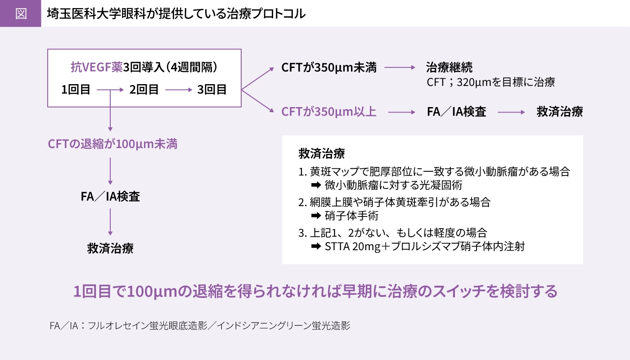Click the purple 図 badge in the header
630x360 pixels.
point(21,13)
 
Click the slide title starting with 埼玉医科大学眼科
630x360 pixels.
point(176,14)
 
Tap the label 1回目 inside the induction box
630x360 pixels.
point(76,90)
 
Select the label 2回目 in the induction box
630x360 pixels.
point(144,90)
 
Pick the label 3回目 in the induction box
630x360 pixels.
point(212,90)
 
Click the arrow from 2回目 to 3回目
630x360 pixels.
point(179,90)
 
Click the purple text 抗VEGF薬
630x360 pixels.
point(96,67)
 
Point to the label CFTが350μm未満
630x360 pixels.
point(329,67)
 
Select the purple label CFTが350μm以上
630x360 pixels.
point(329,112)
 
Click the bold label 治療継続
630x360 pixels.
point(449,67)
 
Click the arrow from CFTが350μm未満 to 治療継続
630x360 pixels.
point(400,67)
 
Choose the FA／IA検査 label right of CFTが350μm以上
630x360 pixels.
point(456,112)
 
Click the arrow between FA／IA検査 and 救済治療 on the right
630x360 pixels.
point(511,112)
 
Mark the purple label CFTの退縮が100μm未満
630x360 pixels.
point(112,144)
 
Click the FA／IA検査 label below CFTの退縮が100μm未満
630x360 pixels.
point(110,197)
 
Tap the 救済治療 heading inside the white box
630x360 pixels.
point(322,153)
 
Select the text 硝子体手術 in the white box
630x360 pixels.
point(351,216)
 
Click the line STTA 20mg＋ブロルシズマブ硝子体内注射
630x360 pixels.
point(425,247)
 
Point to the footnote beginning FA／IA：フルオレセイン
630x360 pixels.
point(200,326)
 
